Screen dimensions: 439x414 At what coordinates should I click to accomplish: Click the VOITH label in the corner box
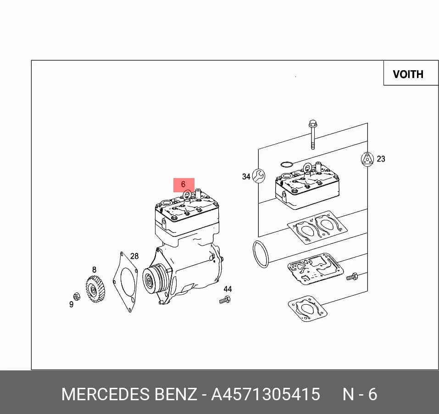pos(408,74)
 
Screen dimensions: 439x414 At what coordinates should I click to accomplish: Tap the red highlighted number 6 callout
pos(183,185)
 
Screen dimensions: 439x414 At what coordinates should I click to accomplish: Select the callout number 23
pos(381,159)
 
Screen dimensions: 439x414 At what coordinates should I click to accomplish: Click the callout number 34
pos(246,176)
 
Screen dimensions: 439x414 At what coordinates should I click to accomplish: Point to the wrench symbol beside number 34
pos(258,176)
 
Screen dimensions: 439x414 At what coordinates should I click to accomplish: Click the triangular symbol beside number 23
pos(367,159)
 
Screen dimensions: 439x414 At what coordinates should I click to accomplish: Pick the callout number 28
pos(134,256)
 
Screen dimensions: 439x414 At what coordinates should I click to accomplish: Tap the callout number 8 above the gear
pos(94,269)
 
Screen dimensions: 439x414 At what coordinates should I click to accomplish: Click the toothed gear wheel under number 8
pos(95,289)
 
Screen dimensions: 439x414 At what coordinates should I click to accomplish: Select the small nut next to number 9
pos(77,297)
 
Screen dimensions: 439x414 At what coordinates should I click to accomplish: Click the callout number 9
pos(72,304)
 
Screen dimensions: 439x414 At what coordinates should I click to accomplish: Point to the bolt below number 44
pos(225,300)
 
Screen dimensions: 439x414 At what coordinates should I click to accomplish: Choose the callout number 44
pos(228,289)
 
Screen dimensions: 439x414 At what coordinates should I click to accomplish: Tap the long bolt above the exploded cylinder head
pos(312,135)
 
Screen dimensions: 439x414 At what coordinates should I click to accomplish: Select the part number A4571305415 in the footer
pos(266,394)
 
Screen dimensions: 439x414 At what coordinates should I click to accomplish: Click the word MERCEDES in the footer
pos(105,394)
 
